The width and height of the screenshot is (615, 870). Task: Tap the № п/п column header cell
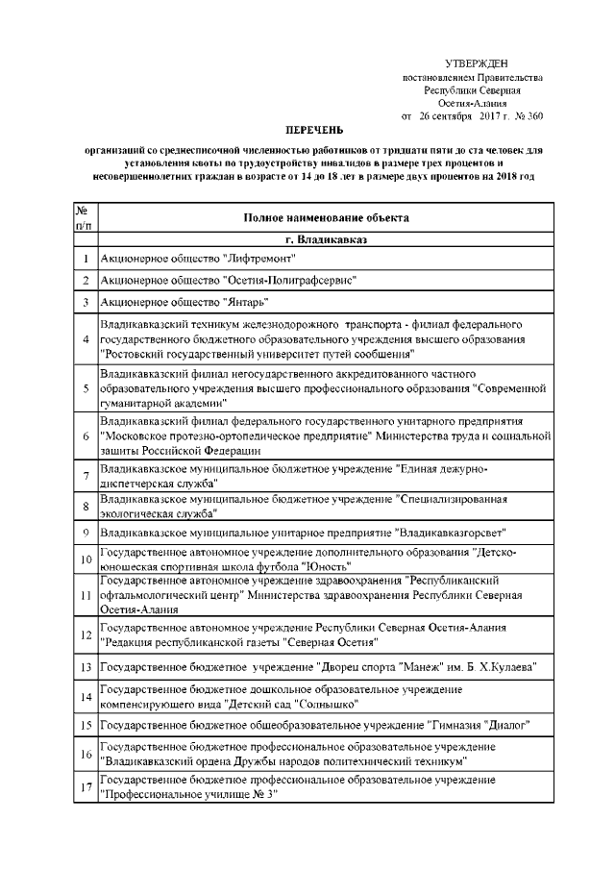tap(85, 218)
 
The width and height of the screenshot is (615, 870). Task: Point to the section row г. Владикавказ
tap(326, 238)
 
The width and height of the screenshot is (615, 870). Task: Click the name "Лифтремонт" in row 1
tap(258, 259)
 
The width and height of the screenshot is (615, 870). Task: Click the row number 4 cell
tap(85, 339)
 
